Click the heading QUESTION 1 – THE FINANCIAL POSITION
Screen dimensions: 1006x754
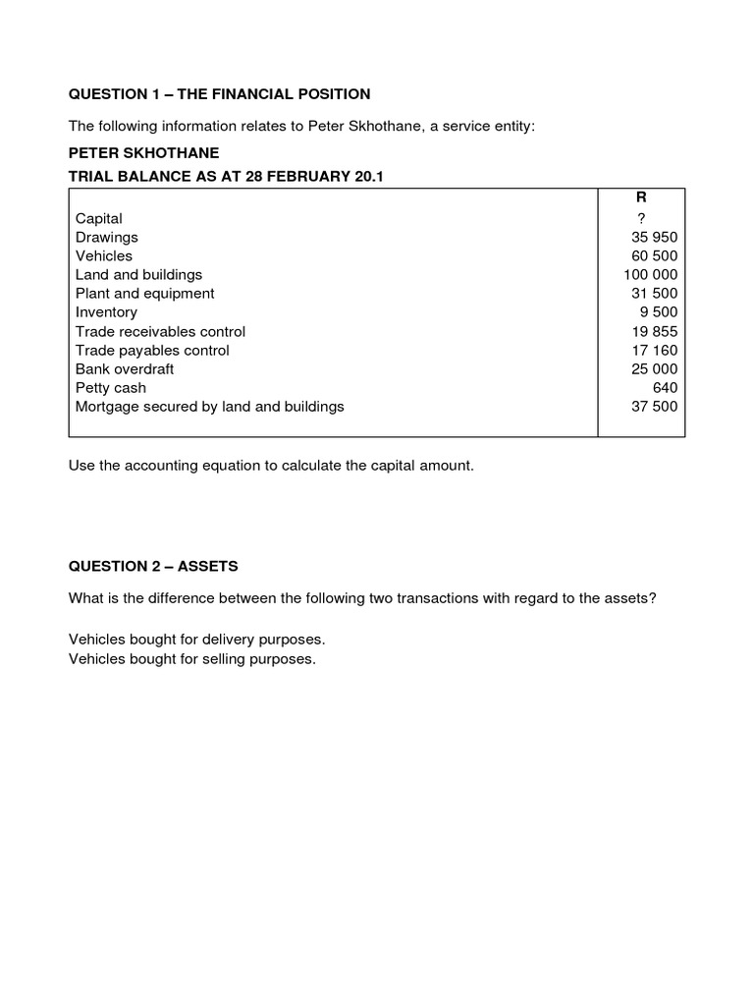219,94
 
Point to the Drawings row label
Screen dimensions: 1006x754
107,237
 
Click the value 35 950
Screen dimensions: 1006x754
654,237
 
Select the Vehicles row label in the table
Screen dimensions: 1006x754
104,255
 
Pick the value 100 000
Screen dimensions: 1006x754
650,274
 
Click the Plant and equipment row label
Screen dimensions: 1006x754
144,293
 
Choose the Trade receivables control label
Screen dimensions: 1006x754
160,331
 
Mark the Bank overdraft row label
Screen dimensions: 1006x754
125,368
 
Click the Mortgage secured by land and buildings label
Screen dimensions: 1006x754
210,406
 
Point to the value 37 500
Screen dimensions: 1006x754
654,406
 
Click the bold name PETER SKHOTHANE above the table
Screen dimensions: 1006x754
143,154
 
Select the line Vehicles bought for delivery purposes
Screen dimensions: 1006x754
196,640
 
